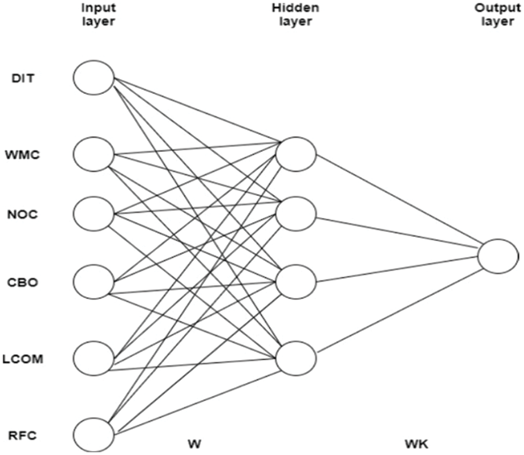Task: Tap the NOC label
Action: pos(21,215)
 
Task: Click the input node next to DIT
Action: pos(94,78)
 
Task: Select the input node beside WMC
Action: pos(94,155)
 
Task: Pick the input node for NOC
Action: pos(94,214)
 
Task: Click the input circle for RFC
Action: pos(94,433)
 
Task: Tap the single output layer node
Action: pos(497,256)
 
